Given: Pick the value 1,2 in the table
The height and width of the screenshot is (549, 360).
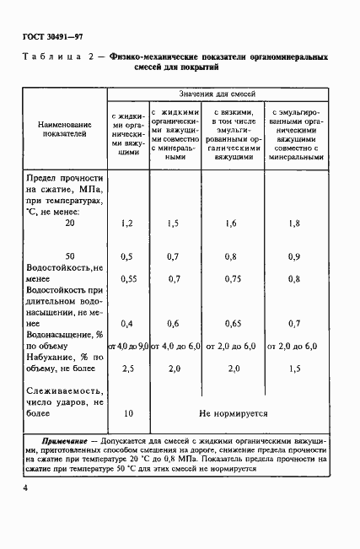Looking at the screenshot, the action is coord(128,223).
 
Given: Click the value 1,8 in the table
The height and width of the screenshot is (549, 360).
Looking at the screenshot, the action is coord(293,223).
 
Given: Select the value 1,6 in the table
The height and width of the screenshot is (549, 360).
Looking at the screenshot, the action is coord(231,223).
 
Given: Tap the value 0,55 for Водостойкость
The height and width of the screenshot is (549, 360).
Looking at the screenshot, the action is coord(128,277).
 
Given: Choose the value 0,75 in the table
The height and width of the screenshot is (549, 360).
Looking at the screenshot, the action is coord(231,277).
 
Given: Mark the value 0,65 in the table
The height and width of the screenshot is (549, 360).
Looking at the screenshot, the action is coord(231,323).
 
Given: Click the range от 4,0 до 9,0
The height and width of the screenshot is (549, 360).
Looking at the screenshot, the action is coord(127,346).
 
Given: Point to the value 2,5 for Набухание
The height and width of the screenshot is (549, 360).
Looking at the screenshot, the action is coord(128,369).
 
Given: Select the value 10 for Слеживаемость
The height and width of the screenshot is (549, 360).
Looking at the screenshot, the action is coord(128,414).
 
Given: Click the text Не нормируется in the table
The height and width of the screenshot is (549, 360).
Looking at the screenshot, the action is coord(233,414).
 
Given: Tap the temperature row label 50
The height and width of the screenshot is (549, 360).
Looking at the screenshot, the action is coord(70,255).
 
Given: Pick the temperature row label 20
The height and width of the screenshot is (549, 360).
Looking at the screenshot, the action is coord(70,223).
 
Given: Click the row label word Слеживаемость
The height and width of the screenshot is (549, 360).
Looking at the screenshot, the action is coord(64,391).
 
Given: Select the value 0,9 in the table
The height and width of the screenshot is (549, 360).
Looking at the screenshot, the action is coord(293,255).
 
